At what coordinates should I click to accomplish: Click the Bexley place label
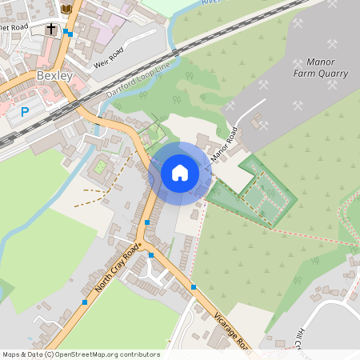point(54,76)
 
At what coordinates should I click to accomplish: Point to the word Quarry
point(330,74)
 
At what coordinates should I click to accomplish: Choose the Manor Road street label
point(224,145)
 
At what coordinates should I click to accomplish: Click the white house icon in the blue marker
point(180,172)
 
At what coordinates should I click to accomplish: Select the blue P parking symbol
point(25,112)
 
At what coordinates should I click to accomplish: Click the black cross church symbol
point(52,29)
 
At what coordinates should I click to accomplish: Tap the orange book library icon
point(66,9)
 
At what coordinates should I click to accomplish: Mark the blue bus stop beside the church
point(70,34)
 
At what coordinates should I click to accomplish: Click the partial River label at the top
point(211,2)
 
